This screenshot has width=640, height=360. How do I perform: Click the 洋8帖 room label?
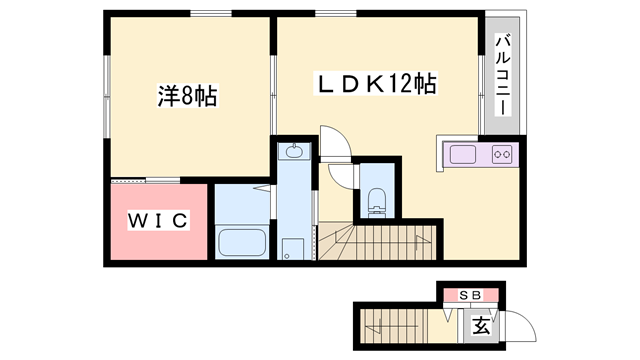click(187, 97)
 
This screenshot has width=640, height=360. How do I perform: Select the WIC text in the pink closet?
click(156, 221)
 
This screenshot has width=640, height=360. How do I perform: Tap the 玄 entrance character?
click(481, 326)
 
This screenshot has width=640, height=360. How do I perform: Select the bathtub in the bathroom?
click(240, 243)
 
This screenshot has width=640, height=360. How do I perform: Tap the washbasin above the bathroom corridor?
click(294, 153)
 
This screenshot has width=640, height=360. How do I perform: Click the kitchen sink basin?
click(464, 155)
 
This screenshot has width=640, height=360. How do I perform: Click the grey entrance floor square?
click(481, 326)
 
